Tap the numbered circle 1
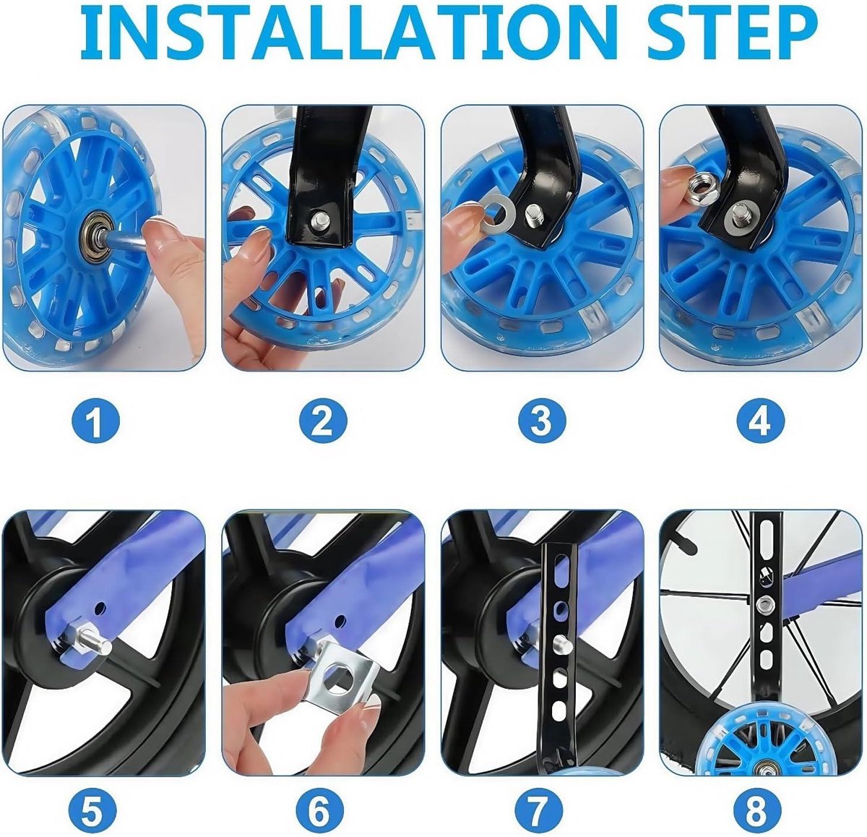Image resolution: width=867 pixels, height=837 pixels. [96, 420]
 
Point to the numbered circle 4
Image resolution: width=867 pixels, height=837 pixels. [759, 420]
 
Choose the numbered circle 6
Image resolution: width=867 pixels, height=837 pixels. [318, 810]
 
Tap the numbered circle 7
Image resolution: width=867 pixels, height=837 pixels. [540, 810]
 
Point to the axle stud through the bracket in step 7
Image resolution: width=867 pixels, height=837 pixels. [559, 643]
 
